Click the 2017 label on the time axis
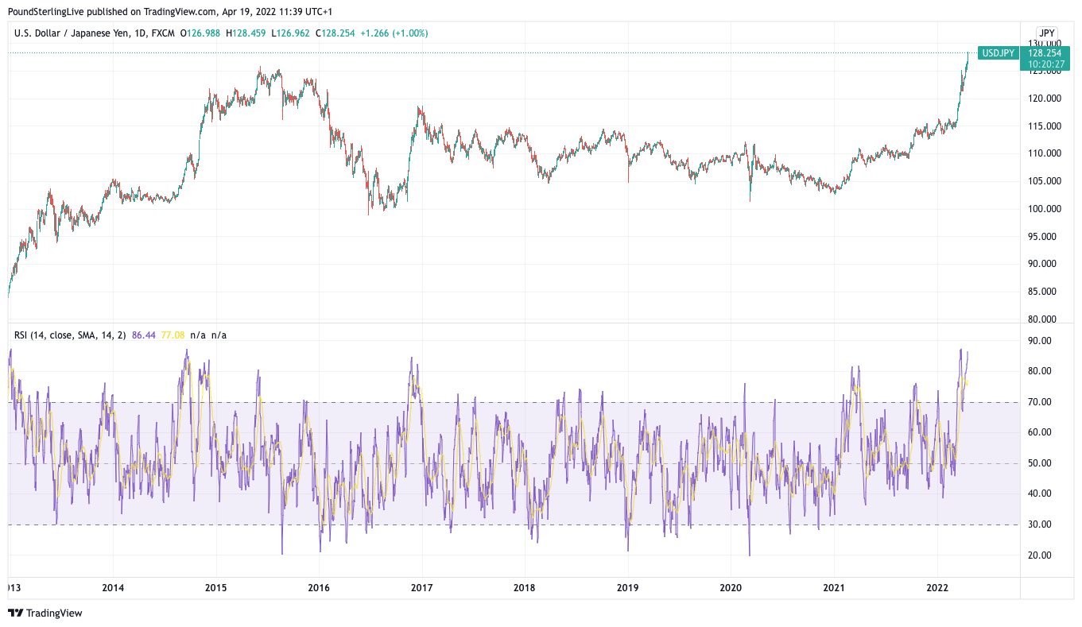coord(421,588)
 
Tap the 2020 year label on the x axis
coord(731,588)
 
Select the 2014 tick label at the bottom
coord(113,588)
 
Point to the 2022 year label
coord(937,588)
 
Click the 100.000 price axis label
coord(1044,209)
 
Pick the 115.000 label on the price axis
coord(1044,126)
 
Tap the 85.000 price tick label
coord(1044,292)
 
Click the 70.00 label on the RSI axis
coord(1039,402)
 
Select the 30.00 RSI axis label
coord(1039,524)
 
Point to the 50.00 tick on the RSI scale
coord(1039,463)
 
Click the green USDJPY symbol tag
coord(998,53)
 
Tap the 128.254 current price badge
coord(1045,53)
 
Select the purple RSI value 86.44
coord(144,335)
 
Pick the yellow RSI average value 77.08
coord(173,335)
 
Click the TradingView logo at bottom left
coord(45,613)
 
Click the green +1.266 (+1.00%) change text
coord(394,33)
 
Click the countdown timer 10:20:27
coord(1045,64)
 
